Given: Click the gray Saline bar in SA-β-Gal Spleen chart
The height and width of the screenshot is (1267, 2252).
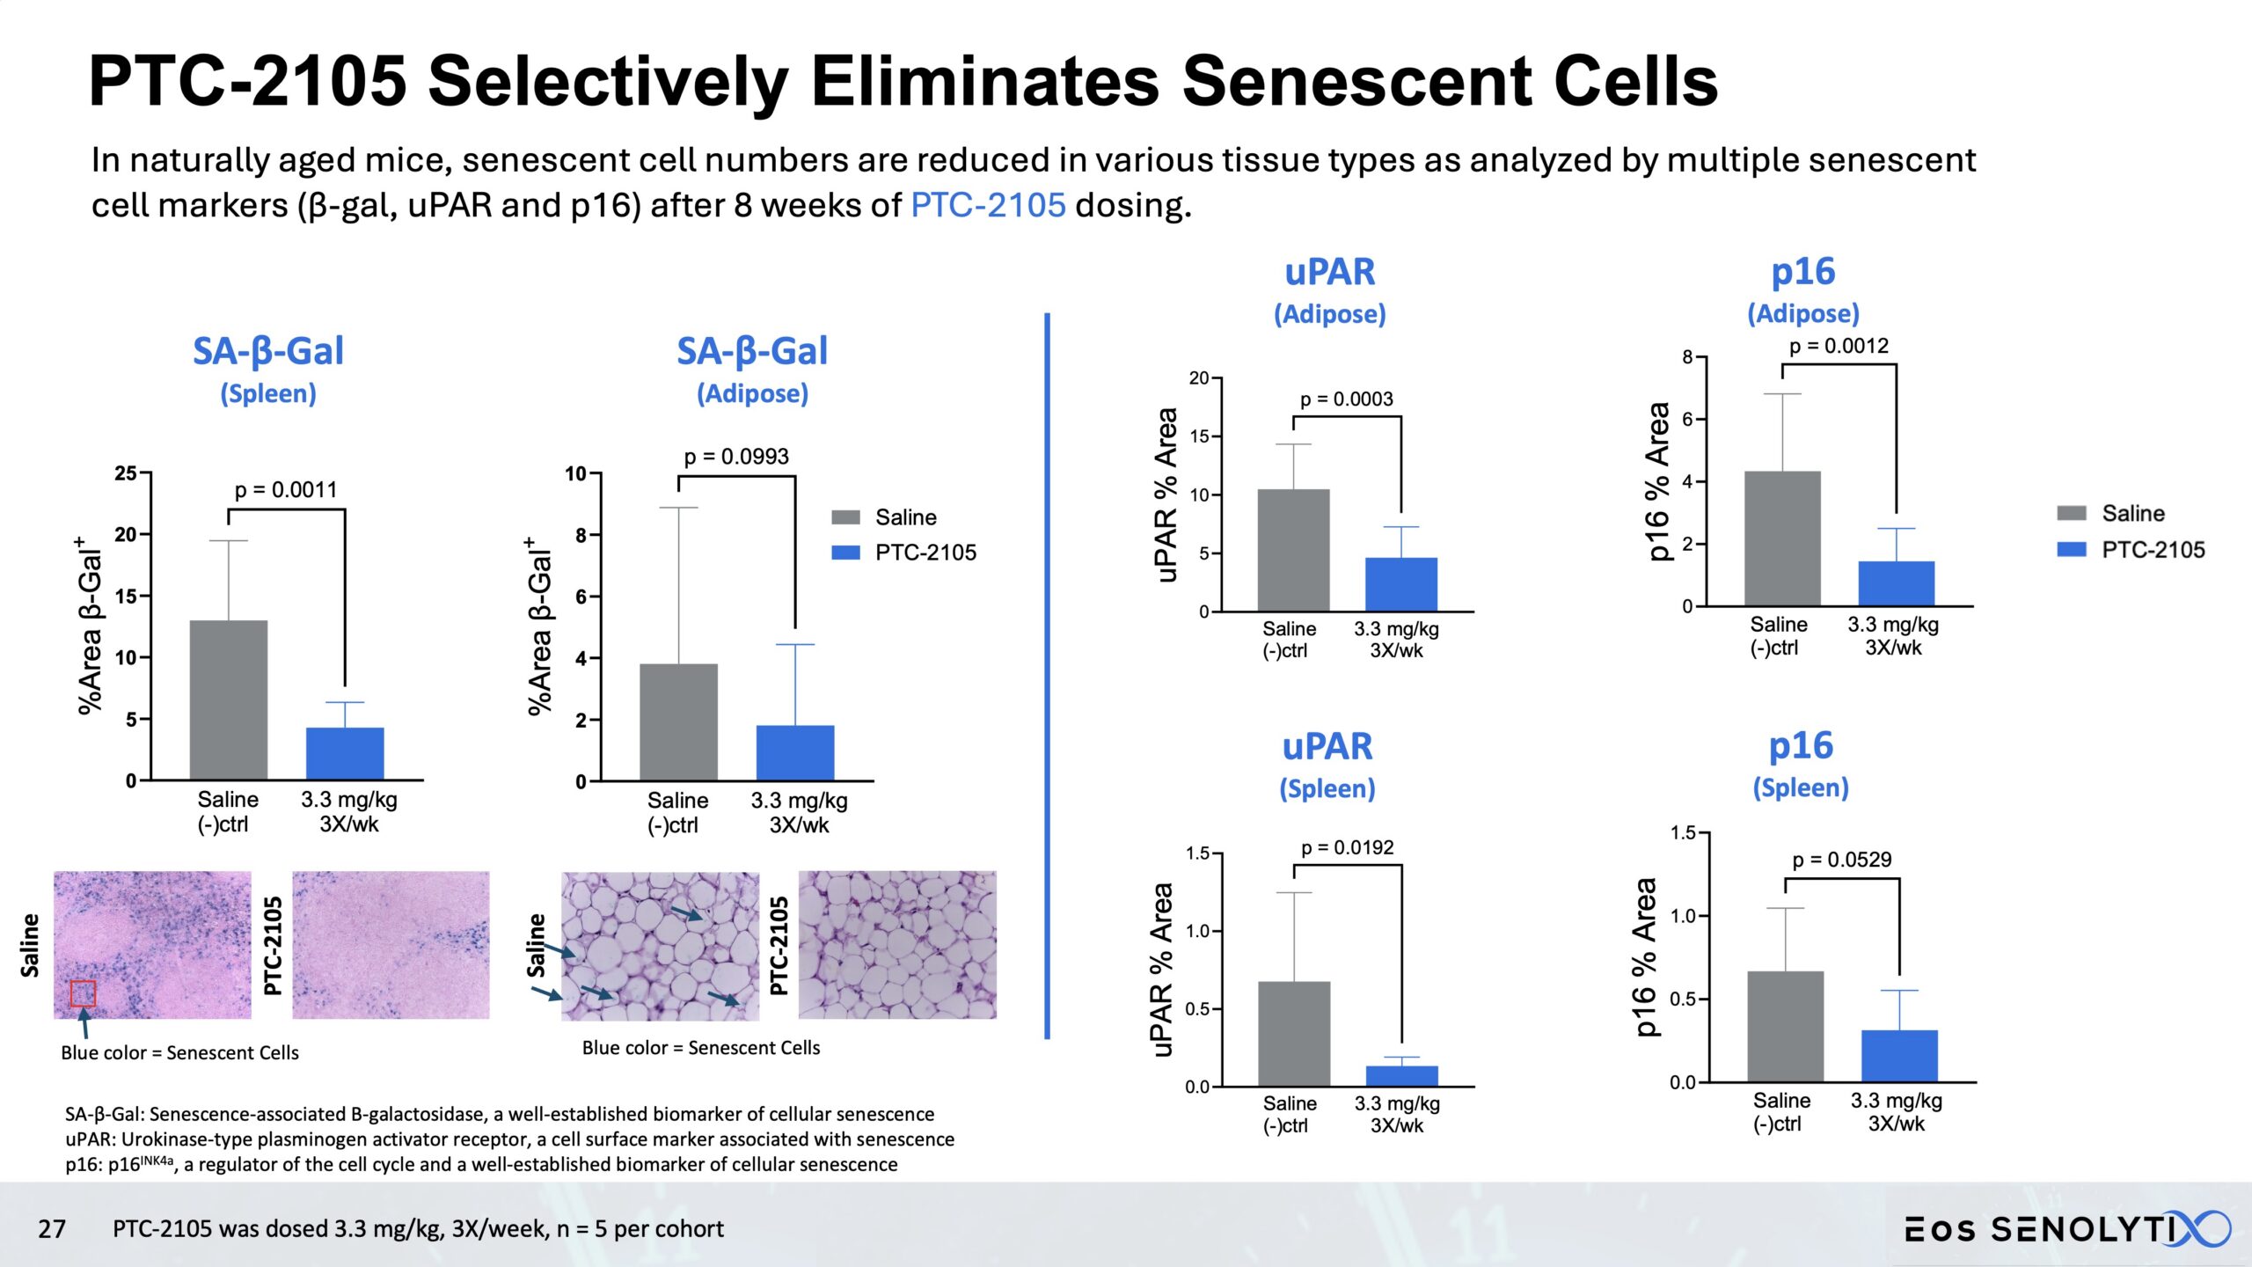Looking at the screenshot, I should pos(229,699).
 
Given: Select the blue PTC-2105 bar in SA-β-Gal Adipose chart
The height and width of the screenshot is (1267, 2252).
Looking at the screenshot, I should pos(794,752).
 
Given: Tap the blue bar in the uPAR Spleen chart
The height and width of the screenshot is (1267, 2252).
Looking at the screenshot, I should pos(1401,1075).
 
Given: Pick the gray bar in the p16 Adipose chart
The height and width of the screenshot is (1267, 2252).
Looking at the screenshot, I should pos(1782,538).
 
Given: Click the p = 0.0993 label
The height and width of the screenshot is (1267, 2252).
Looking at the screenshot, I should pos(736,457).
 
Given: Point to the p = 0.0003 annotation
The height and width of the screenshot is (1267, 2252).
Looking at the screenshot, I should pos(1346,399).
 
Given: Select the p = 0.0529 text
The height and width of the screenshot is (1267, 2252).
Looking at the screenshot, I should pos(1841,860).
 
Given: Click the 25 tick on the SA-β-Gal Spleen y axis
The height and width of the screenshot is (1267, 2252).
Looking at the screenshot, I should pos(126,473).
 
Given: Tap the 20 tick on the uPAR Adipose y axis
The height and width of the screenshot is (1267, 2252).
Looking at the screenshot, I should pos(1199,378).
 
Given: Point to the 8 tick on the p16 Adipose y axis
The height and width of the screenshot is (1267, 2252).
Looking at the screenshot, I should pos(1687,357).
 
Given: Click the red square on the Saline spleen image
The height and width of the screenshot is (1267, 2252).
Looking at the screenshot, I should pos(83,993).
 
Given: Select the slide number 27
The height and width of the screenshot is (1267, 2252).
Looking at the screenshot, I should pos(52,1228).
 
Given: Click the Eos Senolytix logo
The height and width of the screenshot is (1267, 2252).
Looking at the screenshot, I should pos(2067,1228).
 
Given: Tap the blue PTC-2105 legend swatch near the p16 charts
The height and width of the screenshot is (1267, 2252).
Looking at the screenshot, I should pos(2071,549).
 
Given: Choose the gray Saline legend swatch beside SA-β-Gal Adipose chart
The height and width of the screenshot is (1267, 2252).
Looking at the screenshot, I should pos(845,517).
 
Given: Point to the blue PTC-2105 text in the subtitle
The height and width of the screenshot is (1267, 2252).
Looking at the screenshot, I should pos(988,205).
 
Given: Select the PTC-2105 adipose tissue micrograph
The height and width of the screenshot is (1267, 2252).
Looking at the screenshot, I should pos(897,945).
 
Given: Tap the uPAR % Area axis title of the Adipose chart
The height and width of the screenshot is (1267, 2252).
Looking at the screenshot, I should pos(1166,494).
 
